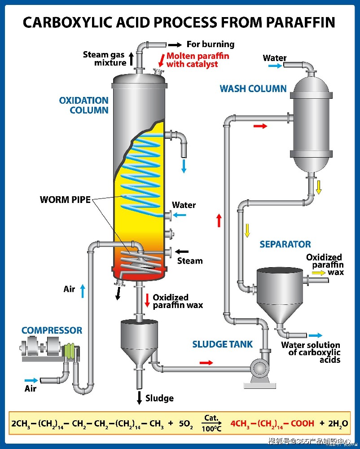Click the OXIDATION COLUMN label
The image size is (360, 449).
(84, 105)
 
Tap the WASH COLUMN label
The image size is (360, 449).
(253, 88)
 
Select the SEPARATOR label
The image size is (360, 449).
(285, 244)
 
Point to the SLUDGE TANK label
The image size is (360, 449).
(223, 344)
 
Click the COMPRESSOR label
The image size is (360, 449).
(52, 330)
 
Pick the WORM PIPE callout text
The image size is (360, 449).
(65, 199)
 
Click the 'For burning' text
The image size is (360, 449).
(211, 44)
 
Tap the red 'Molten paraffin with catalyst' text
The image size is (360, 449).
(198, 60)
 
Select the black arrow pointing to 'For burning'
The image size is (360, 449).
(175, 44)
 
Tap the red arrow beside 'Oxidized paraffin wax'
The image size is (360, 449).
(147, 299)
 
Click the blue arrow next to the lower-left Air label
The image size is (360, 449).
(32, 380)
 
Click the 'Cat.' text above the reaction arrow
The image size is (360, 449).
(211, 418)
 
